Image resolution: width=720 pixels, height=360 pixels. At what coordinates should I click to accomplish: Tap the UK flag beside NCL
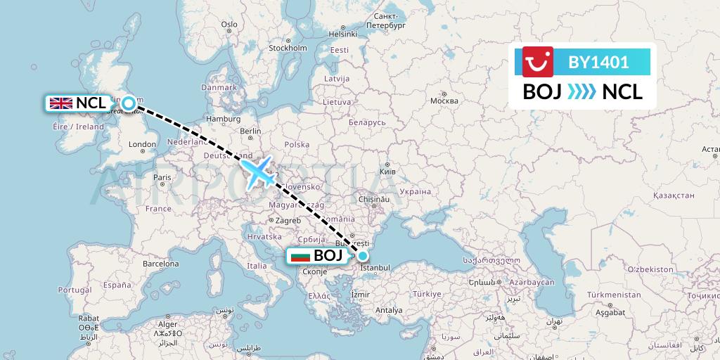pyautogui.click(x=61, y=103)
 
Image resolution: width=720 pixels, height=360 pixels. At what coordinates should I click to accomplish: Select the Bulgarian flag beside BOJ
pyautogui.click(x=300, y=256)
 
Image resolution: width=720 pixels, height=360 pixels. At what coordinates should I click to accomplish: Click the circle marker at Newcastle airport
pyautogui.click(x=129, y=104)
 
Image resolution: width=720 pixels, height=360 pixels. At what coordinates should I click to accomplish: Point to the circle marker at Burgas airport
pyautogui.click(x=363, y=256)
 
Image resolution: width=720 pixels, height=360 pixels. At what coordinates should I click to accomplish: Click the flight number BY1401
pyautogui.click(x=598, y=63)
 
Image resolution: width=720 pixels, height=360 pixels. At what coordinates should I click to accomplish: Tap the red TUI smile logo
pyautogui.click(x=538, y=62)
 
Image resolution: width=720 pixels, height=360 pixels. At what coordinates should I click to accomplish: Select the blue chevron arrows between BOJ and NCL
pyautogui.click(x=581, y=92)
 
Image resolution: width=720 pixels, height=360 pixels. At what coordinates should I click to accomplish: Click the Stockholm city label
pyautogui.click(x=288, y=49)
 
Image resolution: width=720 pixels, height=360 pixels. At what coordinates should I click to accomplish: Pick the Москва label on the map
pyautogui.click(x=444, y=101)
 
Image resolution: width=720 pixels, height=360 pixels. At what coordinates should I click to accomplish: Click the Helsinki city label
pyautogui.click(x=343, y=34)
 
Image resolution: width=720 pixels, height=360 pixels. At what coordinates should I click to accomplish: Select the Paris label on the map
pyautogui.click(x=162, y=177)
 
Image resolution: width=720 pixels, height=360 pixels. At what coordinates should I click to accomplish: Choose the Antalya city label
pyautogui.click(x=390, y=310)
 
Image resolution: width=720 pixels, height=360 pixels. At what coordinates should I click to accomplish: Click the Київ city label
pyautogui.click(x=387, y=171)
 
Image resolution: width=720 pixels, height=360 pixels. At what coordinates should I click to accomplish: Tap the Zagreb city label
pyautogui.click(x=288, y=220)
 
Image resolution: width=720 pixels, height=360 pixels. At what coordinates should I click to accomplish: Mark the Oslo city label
pyautogui.click(x=230, y=24)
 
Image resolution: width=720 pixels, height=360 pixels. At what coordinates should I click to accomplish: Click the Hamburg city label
pyautogui.click(x=224, y=119)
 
